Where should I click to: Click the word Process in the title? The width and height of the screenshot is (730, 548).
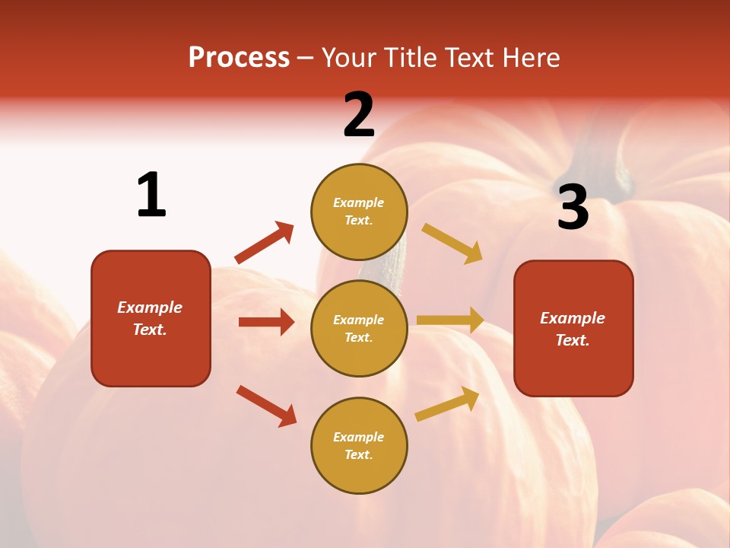click(x=239, y=58)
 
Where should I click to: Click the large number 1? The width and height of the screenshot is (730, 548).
click(x=151, y=195)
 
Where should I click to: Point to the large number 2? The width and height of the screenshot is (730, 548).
click(x=359, y=115)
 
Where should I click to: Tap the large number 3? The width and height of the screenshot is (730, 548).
click(x=573, y=207)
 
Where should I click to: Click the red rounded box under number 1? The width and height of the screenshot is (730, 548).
click(x=151, y=318)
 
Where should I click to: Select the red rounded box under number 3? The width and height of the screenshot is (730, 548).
click(x=573, y=329)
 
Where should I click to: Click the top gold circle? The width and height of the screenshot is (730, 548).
click(x=359, y=212)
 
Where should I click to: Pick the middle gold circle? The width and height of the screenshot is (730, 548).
click(x=359, y=328)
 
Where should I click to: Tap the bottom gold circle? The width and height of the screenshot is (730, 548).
click(x=359, y=445)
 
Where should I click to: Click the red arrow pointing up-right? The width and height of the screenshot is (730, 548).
click(x=265, y=243)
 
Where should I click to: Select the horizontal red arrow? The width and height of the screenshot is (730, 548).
click(x=266, y=322)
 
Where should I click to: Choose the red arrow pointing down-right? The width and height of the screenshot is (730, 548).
click(x=266, y=406)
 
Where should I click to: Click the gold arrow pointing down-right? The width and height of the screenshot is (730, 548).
click(x=452, y=244)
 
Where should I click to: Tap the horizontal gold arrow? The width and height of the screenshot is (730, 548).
click(x=450, y=320)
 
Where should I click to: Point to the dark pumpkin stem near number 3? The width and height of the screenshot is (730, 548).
click(x=601, y=164)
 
